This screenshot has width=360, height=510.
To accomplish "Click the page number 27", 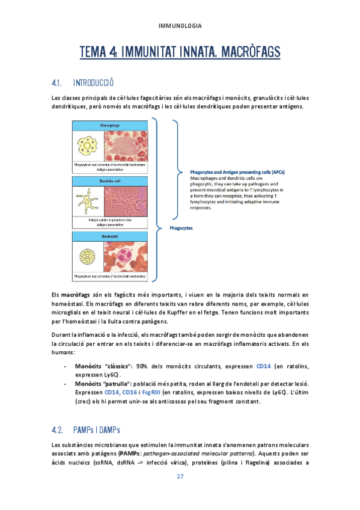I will [x=180, y=477].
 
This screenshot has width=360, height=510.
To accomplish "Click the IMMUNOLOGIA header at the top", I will [x=180, y=26].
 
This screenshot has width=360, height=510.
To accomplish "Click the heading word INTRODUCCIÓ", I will [x=93, y=82].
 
